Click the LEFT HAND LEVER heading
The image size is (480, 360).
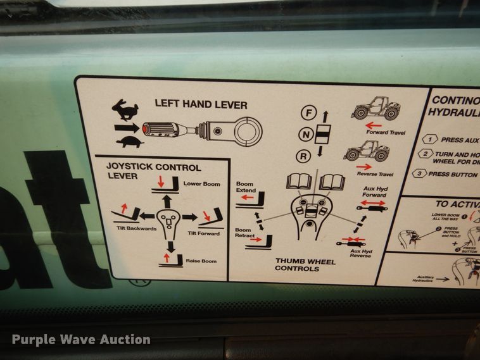(201, 104)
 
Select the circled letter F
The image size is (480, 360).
(308, 114)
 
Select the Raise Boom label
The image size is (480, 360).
(201, 261)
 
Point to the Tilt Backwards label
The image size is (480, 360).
(124, 228)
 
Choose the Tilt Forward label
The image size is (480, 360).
(203, 233)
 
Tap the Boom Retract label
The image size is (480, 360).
(246, 233)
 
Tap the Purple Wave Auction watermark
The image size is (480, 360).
(81, 340)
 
